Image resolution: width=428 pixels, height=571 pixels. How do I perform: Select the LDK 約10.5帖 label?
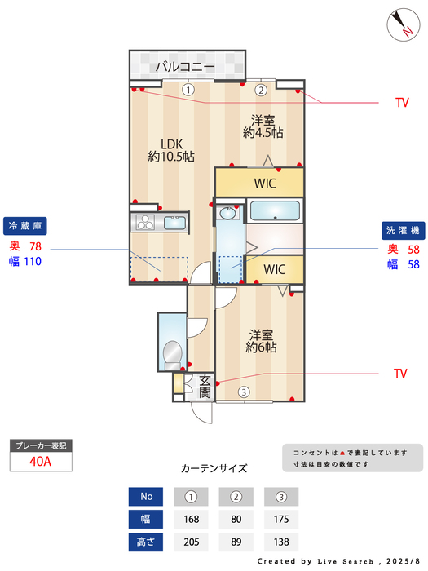170,149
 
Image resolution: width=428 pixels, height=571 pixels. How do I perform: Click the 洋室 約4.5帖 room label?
263,126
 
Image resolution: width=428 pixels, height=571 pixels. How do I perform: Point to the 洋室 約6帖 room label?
263,340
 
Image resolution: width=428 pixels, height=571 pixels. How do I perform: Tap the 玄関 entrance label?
205,387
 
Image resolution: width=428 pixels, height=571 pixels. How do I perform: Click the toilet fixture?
173,352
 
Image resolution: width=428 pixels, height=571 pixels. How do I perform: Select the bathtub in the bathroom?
275,212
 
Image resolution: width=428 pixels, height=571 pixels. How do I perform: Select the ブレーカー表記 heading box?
41,445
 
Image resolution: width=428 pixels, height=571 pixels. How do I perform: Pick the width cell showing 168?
192,518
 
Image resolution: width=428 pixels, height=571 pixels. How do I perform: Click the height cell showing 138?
281,541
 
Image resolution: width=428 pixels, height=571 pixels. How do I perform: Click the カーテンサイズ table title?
214,468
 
